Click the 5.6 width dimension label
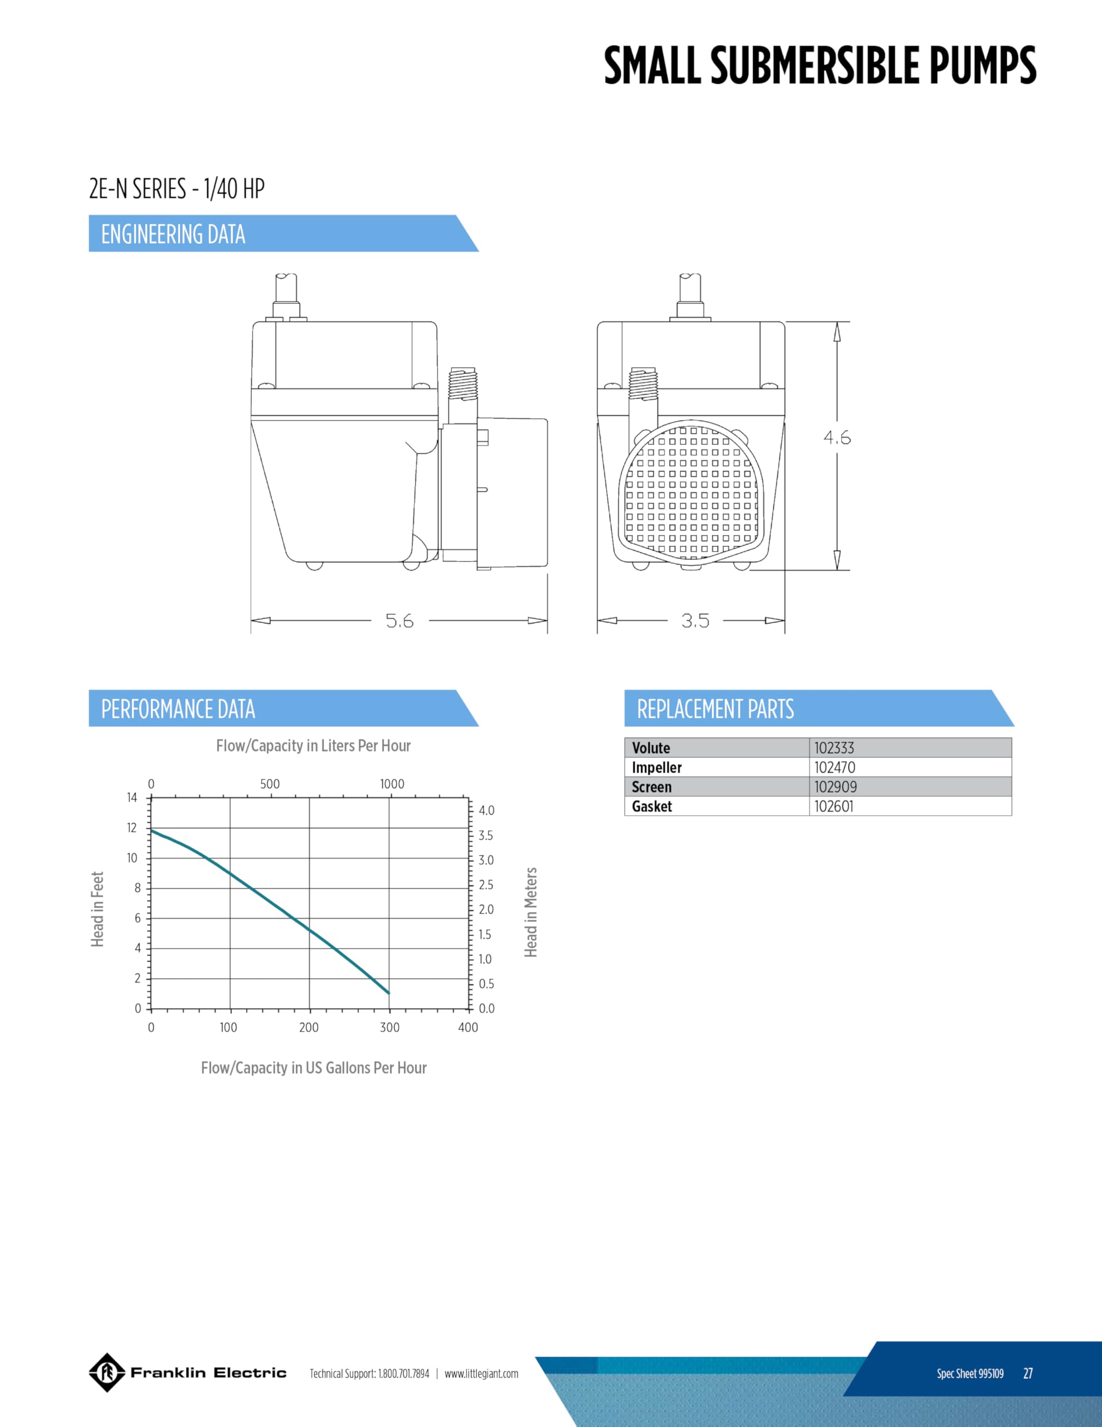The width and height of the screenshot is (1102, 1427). (x=399, y=621)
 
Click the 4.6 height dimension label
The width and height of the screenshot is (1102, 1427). (x=837, y=438)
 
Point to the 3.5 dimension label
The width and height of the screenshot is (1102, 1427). (x=695, y=621)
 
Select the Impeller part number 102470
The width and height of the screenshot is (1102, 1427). (x=834, y=767)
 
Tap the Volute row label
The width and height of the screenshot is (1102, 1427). (x=651, y=748)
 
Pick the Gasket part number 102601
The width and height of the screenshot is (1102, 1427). (x=833, y=806)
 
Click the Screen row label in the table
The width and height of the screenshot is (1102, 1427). (x=651, y=787)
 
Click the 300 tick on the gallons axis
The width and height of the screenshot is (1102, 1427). (x=389, y=1027)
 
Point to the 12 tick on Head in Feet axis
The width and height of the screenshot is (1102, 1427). (x=132, y=828)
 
